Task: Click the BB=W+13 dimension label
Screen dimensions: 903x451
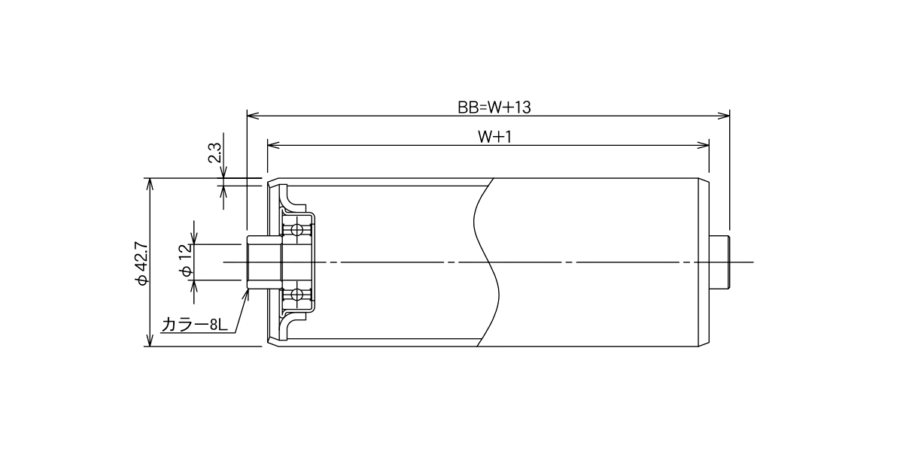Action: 494,107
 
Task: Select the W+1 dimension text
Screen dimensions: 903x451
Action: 494,138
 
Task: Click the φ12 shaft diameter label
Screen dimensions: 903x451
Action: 186,261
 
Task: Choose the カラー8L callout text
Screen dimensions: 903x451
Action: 195,325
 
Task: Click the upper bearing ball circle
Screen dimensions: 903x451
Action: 297,230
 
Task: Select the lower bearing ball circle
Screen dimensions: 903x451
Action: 297,295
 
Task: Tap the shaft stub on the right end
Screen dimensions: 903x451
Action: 719,262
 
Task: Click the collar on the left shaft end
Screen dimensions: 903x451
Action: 264,262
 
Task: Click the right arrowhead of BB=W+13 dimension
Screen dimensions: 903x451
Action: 724,116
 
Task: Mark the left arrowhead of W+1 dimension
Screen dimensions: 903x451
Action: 273,145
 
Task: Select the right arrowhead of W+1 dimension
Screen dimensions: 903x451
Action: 704,145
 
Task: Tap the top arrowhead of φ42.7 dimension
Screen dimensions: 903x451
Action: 150,183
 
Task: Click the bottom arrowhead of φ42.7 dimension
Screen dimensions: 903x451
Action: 150,341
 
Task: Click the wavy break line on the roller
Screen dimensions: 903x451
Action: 488,262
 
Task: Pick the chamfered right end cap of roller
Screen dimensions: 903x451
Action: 704,262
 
